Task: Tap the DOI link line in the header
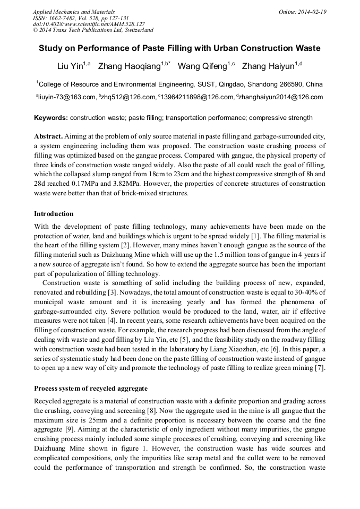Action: (x=89, y=24)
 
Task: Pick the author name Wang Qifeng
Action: (x=202, y=66)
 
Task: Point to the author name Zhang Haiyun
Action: (x=268, y=66)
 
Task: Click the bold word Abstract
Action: (x=49, y=136)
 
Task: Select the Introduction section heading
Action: (x=54, y=214)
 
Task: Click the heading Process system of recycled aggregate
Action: (x=91, y=389)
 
